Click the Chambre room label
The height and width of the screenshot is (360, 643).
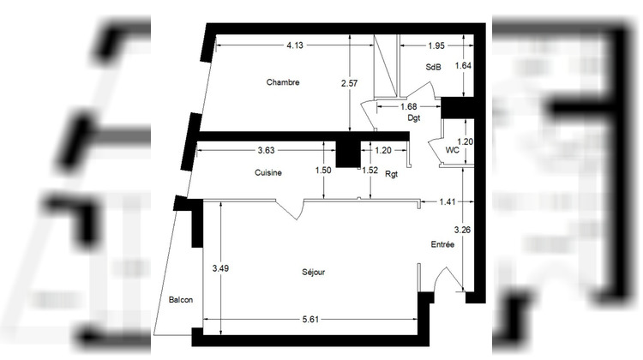[283, 82]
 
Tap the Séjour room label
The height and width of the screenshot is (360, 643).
[313, 273]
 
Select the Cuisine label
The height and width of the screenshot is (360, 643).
[269, 172]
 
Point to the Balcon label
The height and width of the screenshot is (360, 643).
[180, 299]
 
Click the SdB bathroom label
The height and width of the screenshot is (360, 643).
[433, 68]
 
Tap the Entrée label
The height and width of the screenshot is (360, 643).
[442, 244]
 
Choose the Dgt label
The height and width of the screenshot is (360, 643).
[414, 118]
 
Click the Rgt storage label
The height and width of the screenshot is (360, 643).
[392, 174]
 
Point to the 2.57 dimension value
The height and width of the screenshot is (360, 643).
[348, 82]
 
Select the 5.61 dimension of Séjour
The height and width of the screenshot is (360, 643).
[312, 320]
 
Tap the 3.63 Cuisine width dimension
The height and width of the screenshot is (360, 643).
[267, 151]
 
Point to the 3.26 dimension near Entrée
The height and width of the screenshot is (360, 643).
[462, 229]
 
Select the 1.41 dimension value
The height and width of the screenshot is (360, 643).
[448, 202]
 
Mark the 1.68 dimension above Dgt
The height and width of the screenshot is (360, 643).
[409, 106]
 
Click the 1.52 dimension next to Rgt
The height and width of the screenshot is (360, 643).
[370, 170]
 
